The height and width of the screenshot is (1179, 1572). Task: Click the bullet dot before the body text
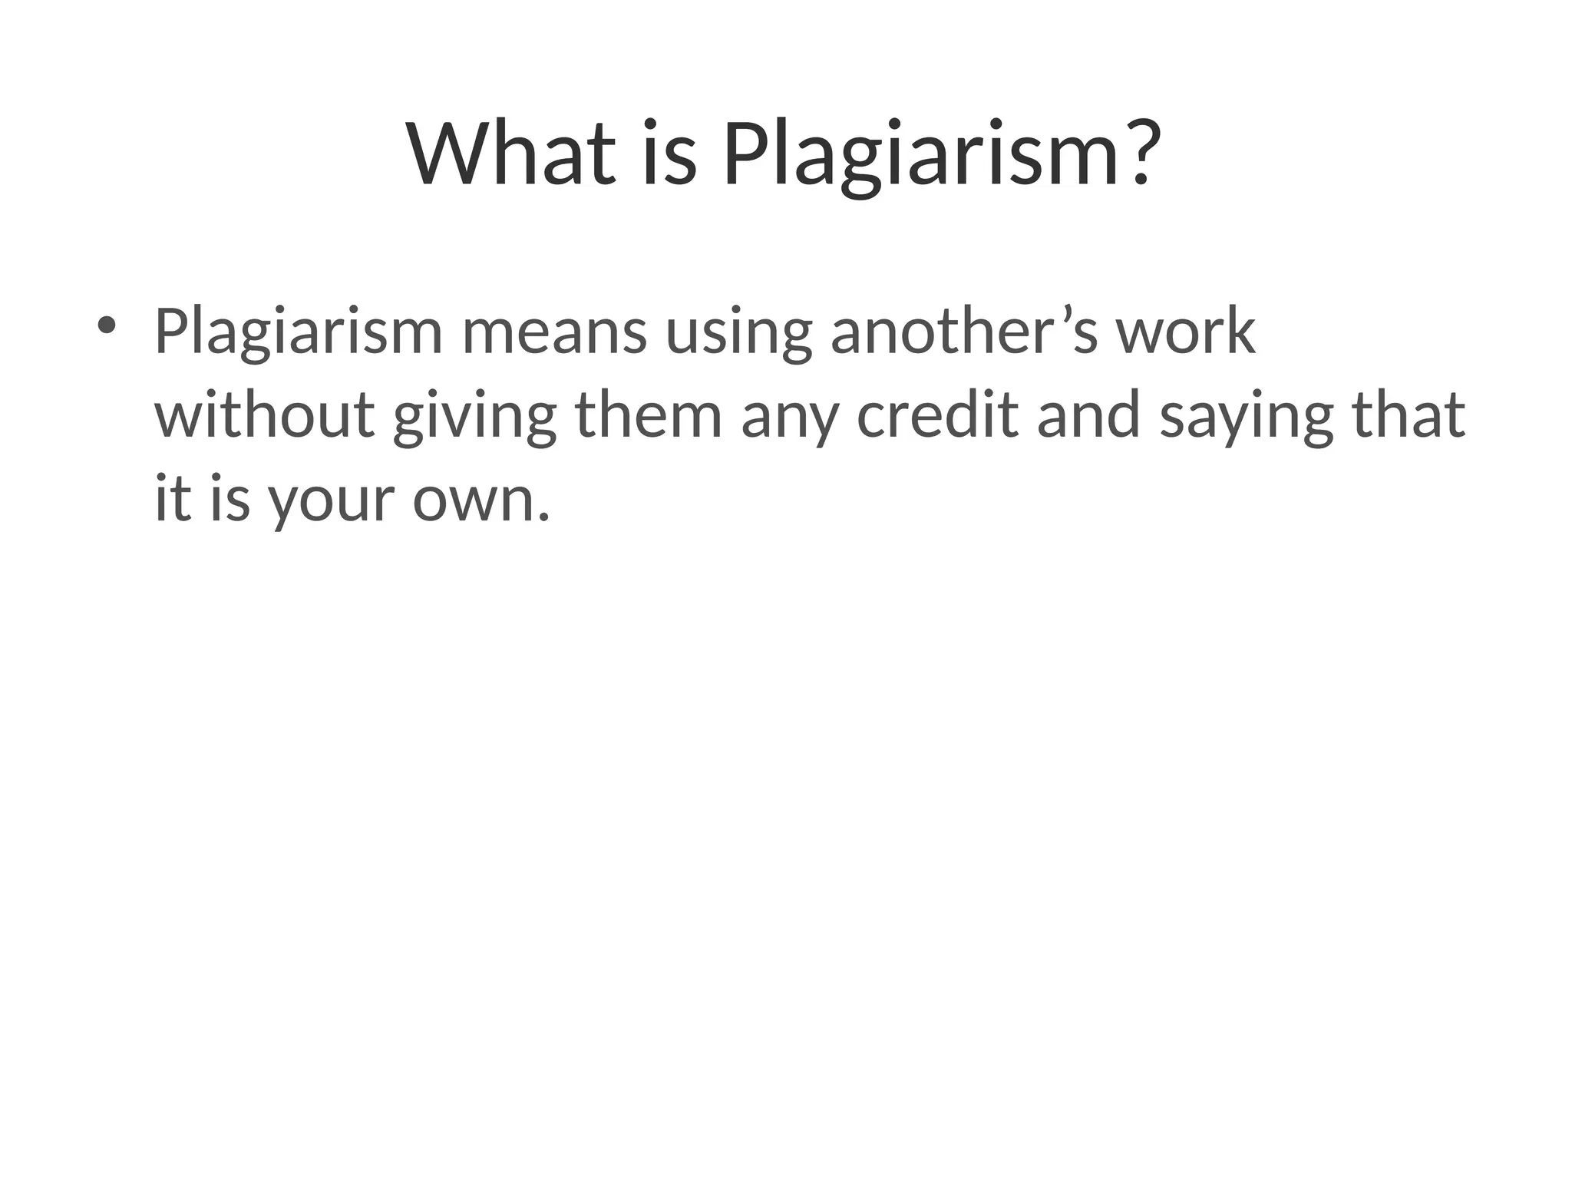[106, 325]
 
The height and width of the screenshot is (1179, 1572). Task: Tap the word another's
[964, 332]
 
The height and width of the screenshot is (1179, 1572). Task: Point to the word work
[1185, 332]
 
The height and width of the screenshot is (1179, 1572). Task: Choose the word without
[265, 415]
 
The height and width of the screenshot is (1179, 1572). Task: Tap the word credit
[937, 415]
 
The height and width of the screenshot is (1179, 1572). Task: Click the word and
[1088, 415]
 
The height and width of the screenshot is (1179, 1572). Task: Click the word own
[481, 500]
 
